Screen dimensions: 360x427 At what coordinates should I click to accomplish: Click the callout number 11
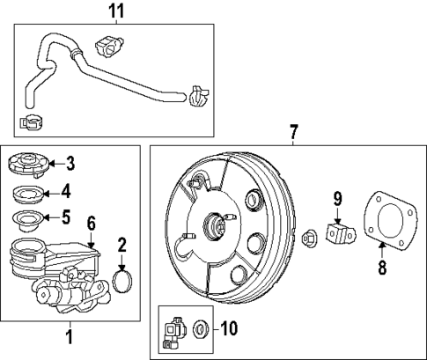[x=115, y=11]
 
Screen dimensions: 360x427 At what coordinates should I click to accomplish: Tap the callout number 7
[x=293, y=132]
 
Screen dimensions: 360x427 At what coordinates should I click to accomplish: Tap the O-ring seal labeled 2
[x=123, y=282]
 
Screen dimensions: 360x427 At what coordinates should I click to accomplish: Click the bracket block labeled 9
[x=338, y=236]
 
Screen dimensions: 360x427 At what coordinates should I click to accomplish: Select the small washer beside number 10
[x=200, y=331]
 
